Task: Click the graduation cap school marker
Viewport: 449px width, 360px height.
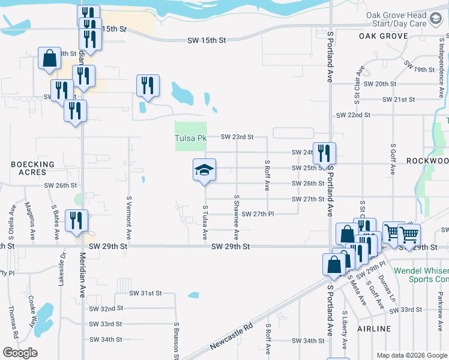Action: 204,171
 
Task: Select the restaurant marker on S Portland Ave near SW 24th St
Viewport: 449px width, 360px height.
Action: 324,154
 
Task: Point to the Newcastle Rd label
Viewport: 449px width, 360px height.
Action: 232,338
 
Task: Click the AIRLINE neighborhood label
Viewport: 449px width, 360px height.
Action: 373,329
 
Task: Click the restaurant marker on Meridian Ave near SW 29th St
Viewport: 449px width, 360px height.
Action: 77,221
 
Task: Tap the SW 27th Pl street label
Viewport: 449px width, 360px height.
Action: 258,214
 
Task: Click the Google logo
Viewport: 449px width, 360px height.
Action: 20,353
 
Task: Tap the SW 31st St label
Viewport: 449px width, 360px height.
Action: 146,293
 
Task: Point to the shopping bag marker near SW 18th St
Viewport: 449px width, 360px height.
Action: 50,59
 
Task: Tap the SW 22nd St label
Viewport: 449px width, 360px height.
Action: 354,115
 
